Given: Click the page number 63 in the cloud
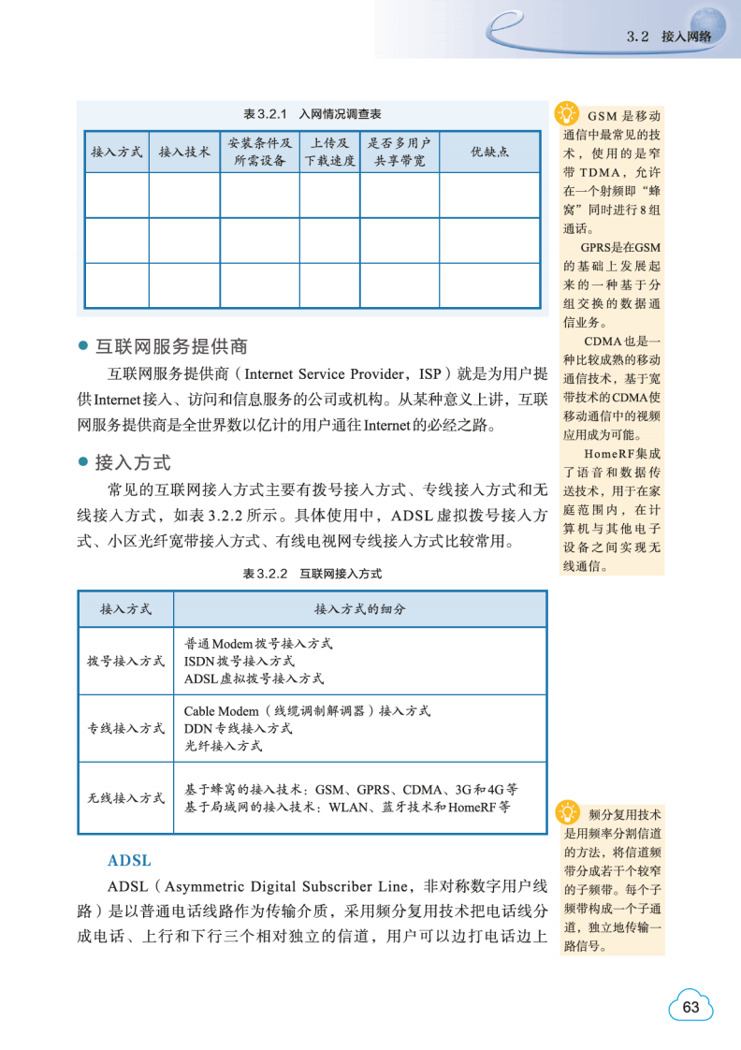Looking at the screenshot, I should pyautogui.click(x=691, y=1007).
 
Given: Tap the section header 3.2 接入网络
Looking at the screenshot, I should pyautogui.click(x=668, y=36).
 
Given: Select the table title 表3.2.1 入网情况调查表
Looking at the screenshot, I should pyautogui.click(x=312, y=114).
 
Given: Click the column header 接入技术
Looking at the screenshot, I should pyautogui.click(x=184, y=152).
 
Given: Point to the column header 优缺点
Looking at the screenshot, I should pyautogui.click(x=489, y=152).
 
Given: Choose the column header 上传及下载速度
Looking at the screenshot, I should pyautogui.click(x=330, y=152).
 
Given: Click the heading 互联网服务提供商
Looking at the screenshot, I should pyautogui.click(x=171, y=346).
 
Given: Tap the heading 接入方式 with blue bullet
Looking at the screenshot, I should pyautogui.click(x=133, y=462).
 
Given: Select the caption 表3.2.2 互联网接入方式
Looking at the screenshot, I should pyautogui.click(x=312, y=574).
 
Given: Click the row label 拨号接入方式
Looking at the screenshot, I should pyautogui.click(x=126, y=661).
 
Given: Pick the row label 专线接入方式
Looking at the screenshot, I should pyautogui.click(x=126, y=728).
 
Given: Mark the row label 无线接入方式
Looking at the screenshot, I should pyautogui.click(x=126, y=798).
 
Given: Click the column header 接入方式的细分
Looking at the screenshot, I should pyautogui.click(x=359, y=609).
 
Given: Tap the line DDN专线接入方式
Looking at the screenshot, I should pyautogui.click(x=238, y=728).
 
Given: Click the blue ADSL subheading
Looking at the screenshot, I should pyautogui.click(x=129, y=860).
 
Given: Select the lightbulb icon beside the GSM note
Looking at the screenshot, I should pyautogui.click(x=566, y=113).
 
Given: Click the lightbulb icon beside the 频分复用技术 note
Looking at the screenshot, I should pyautogui.click(x=566, y=811).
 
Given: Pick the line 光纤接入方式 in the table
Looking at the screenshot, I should pyautogui.click(x=223, y=746).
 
